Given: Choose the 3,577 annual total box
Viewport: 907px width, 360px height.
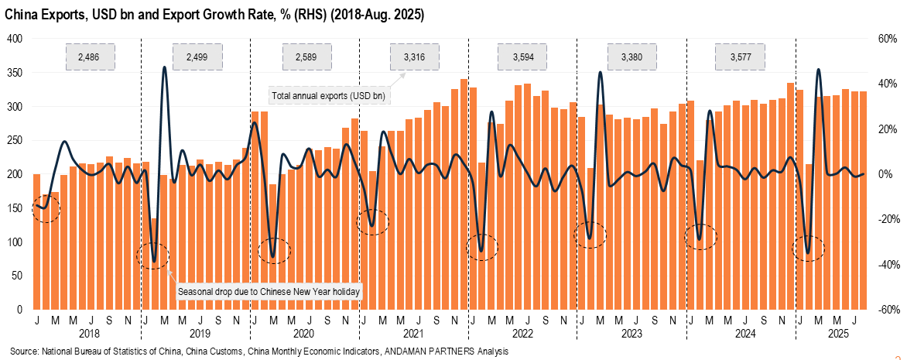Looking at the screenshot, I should pos(739,57).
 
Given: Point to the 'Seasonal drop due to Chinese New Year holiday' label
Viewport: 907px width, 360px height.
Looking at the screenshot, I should pos(270,292).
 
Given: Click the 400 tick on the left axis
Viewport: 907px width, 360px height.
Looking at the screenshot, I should pos(15,39).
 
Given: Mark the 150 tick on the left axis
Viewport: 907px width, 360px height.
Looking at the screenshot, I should pos(15,208).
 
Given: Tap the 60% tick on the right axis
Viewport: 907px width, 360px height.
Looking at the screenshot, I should pos(887,39).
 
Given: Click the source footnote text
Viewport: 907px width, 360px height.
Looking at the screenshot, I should pos(259,351).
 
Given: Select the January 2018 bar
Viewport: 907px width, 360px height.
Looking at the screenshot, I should pos(36,242).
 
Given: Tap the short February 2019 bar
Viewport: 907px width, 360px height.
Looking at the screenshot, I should pos(154,263).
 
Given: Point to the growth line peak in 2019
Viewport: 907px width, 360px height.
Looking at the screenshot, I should pos(164,68).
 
